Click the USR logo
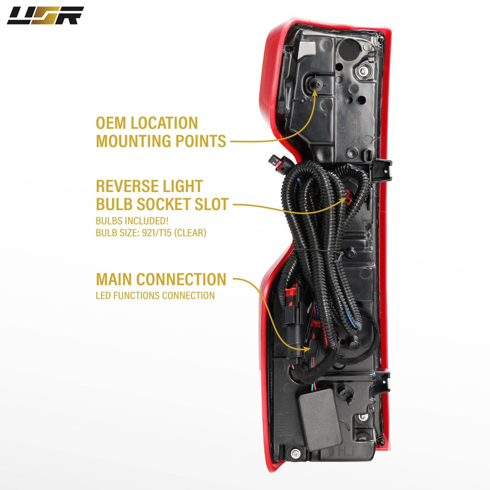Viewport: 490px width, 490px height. (x=45, y=15)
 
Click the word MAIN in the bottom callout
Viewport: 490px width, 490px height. (x=114, y=279)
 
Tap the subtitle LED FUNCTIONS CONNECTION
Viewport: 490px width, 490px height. (x=155, y=296)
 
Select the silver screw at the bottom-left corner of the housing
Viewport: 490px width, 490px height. (x=296, y=452)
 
